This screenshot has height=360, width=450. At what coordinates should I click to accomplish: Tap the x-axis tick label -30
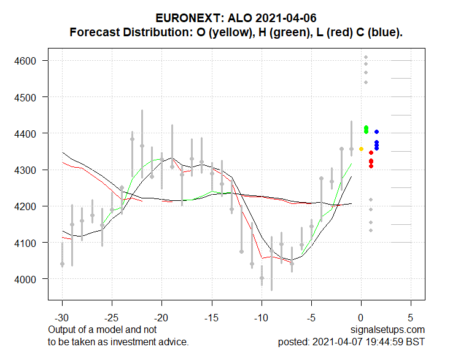[62, 319]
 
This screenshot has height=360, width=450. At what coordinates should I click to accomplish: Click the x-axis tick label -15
[212, 319]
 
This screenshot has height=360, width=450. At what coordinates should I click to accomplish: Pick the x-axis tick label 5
[411, 319]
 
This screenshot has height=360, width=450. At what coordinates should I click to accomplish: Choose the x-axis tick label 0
[361, 319]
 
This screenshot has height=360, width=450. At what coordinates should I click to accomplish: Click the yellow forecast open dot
[361, 149]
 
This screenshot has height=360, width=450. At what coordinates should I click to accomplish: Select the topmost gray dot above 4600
[366, 57]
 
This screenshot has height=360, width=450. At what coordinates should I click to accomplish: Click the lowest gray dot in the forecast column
[371, 230]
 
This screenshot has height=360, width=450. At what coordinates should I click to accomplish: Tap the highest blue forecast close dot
[376, 131]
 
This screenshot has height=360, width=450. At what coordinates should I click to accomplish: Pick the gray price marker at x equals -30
[62, 264]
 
